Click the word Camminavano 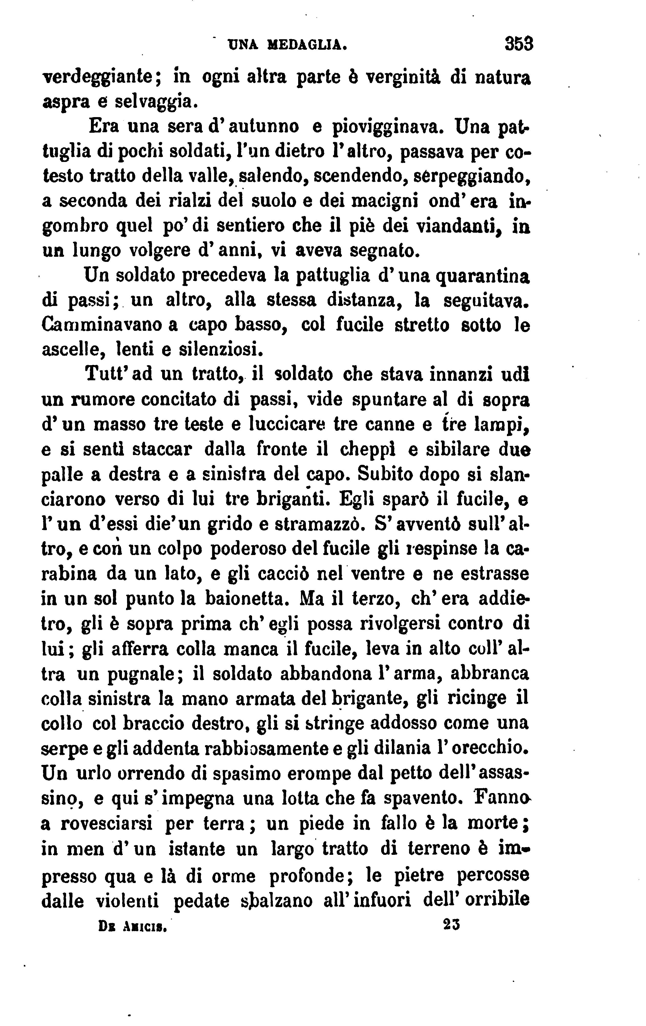[x=101, y=325]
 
